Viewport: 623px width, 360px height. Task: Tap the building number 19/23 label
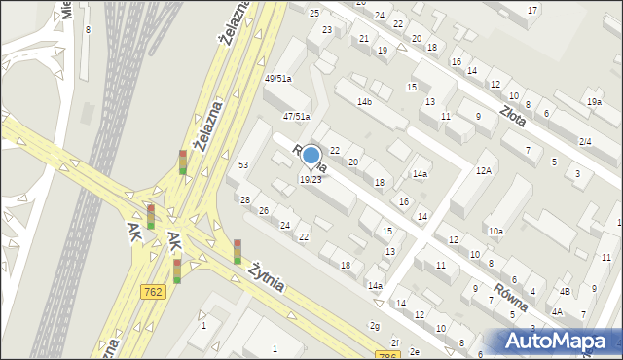pos(311,180)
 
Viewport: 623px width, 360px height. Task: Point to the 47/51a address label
pos(296,117)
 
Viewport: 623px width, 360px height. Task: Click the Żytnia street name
pos(265,275)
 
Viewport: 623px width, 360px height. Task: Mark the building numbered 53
pos(243,165)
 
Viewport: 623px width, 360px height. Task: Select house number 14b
pos(364,102)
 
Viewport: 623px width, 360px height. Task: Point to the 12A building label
pos(484,171)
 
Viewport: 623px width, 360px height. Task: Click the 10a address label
pos(495,232)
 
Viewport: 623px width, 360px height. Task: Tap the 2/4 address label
pos(585,142)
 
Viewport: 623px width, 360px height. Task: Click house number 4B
pos(565,291)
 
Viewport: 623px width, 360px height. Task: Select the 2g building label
pos(374,326)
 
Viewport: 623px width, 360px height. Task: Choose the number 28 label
pos(245,200)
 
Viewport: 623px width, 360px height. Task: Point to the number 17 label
pos(532,10)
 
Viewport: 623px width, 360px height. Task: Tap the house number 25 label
pos(313,13)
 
